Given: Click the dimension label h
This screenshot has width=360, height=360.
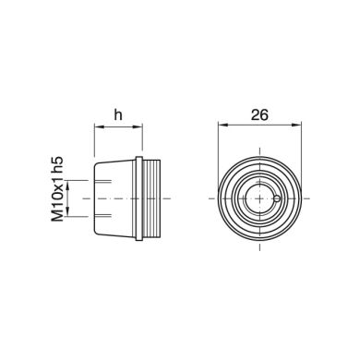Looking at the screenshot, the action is [x=118, y=115].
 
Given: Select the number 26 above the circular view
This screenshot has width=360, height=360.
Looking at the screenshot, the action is [x=259, y=114].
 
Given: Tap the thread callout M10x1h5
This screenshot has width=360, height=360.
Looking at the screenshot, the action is [x=57, y=188].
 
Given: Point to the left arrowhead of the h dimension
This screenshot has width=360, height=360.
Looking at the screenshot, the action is [x=99, y=126].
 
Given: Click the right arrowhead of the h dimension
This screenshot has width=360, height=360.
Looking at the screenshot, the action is [x=138, y=126].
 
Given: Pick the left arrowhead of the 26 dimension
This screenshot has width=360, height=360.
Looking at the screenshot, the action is [x=222, y=125].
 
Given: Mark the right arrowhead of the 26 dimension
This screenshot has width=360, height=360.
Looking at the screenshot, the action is [x=296, y=125].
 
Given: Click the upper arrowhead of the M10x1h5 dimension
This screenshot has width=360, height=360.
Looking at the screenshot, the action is [x=68, y=185].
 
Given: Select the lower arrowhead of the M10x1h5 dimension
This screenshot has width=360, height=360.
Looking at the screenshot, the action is [x=68, y=212].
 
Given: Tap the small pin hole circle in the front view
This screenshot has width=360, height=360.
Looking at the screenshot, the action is [x=277, y=198].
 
